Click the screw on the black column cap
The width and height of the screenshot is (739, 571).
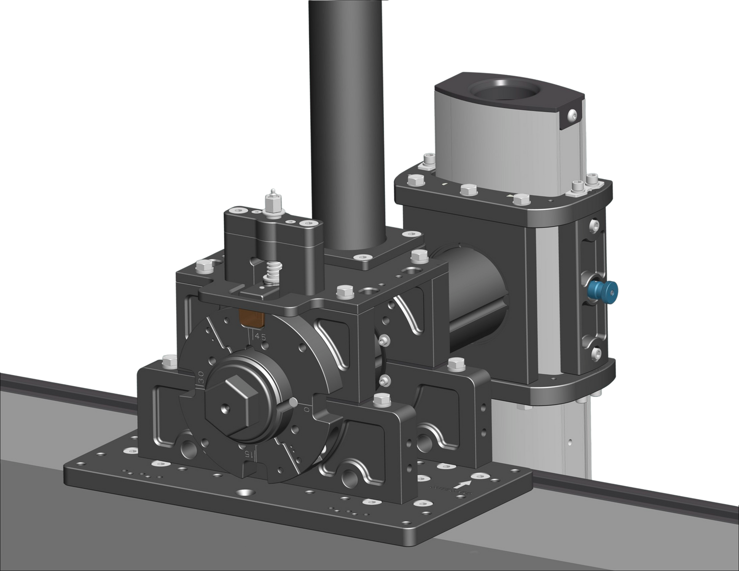coord(573,115)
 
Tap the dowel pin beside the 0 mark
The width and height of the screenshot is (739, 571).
coord(295,402)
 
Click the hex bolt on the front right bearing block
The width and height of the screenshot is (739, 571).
coord(382,400)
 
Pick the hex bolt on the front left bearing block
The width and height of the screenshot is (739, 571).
coord(168,360)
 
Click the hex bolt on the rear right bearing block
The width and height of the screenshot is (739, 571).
coord(455,364)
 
